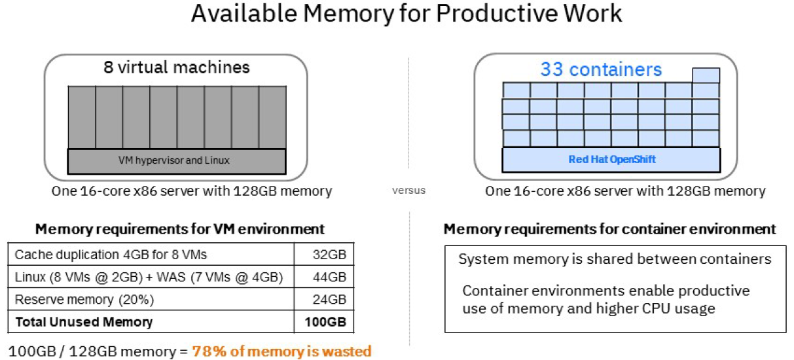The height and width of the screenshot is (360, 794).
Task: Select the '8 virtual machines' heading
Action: click(176, 67)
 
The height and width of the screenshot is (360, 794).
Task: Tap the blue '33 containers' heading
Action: click(601, 69)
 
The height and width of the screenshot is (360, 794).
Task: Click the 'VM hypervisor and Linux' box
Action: click(177, 160)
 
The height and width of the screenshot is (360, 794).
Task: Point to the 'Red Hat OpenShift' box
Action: click(611, 160)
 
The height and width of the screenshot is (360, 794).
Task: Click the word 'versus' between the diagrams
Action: click(408, 190)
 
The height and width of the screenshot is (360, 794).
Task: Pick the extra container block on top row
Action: click(706, 75)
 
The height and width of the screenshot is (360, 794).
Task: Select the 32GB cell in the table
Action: click(330, 255)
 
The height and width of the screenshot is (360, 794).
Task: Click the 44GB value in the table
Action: click(330, 277)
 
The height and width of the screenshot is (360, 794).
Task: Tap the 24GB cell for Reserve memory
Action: click(330, 299)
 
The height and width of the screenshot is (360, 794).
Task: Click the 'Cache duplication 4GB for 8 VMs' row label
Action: click(111, 255)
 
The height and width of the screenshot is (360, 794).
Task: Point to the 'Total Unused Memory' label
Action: click(83, 321)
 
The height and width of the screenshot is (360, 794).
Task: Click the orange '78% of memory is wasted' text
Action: click(281, 351)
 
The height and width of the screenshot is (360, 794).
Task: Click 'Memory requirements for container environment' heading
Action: click(610, 229)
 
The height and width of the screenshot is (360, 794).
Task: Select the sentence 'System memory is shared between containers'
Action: click(615, 259)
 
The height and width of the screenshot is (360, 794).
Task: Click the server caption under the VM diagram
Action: click(192, 191)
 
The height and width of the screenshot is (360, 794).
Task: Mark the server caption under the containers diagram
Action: click(625, 191)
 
